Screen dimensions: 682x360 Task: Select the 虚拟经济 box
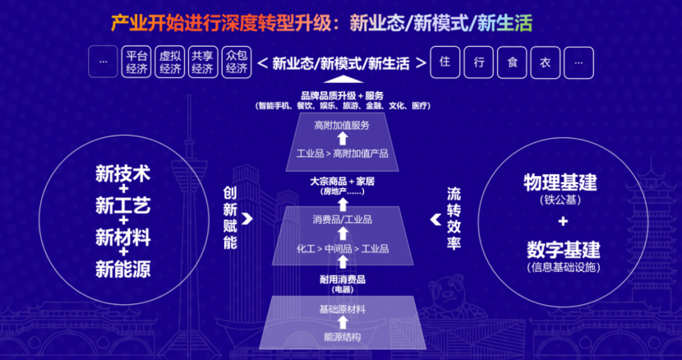(x=170, y=62)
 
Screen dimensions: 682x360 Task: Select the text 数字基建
(x=562, y=250)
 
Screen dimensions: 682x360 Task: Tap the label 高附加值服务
(x=342, y=126)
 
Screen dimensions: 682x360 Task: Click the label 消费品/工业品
(x=342, y=219)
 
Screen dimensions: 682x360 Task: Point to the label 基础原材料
(x=342, y=309)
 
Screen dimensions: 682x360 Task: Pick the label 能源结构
(x=342, y=337)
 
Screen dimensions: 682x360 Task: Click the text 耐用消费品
(x=342, y=279)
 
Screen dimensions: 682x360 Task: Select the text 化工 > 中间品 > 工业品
(x=342, y=248)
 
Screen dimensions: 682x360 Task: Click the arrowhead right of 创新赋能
(x=247, y=219)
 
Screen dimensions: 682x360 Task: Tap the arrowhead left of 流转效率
(x=435, y=219)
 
